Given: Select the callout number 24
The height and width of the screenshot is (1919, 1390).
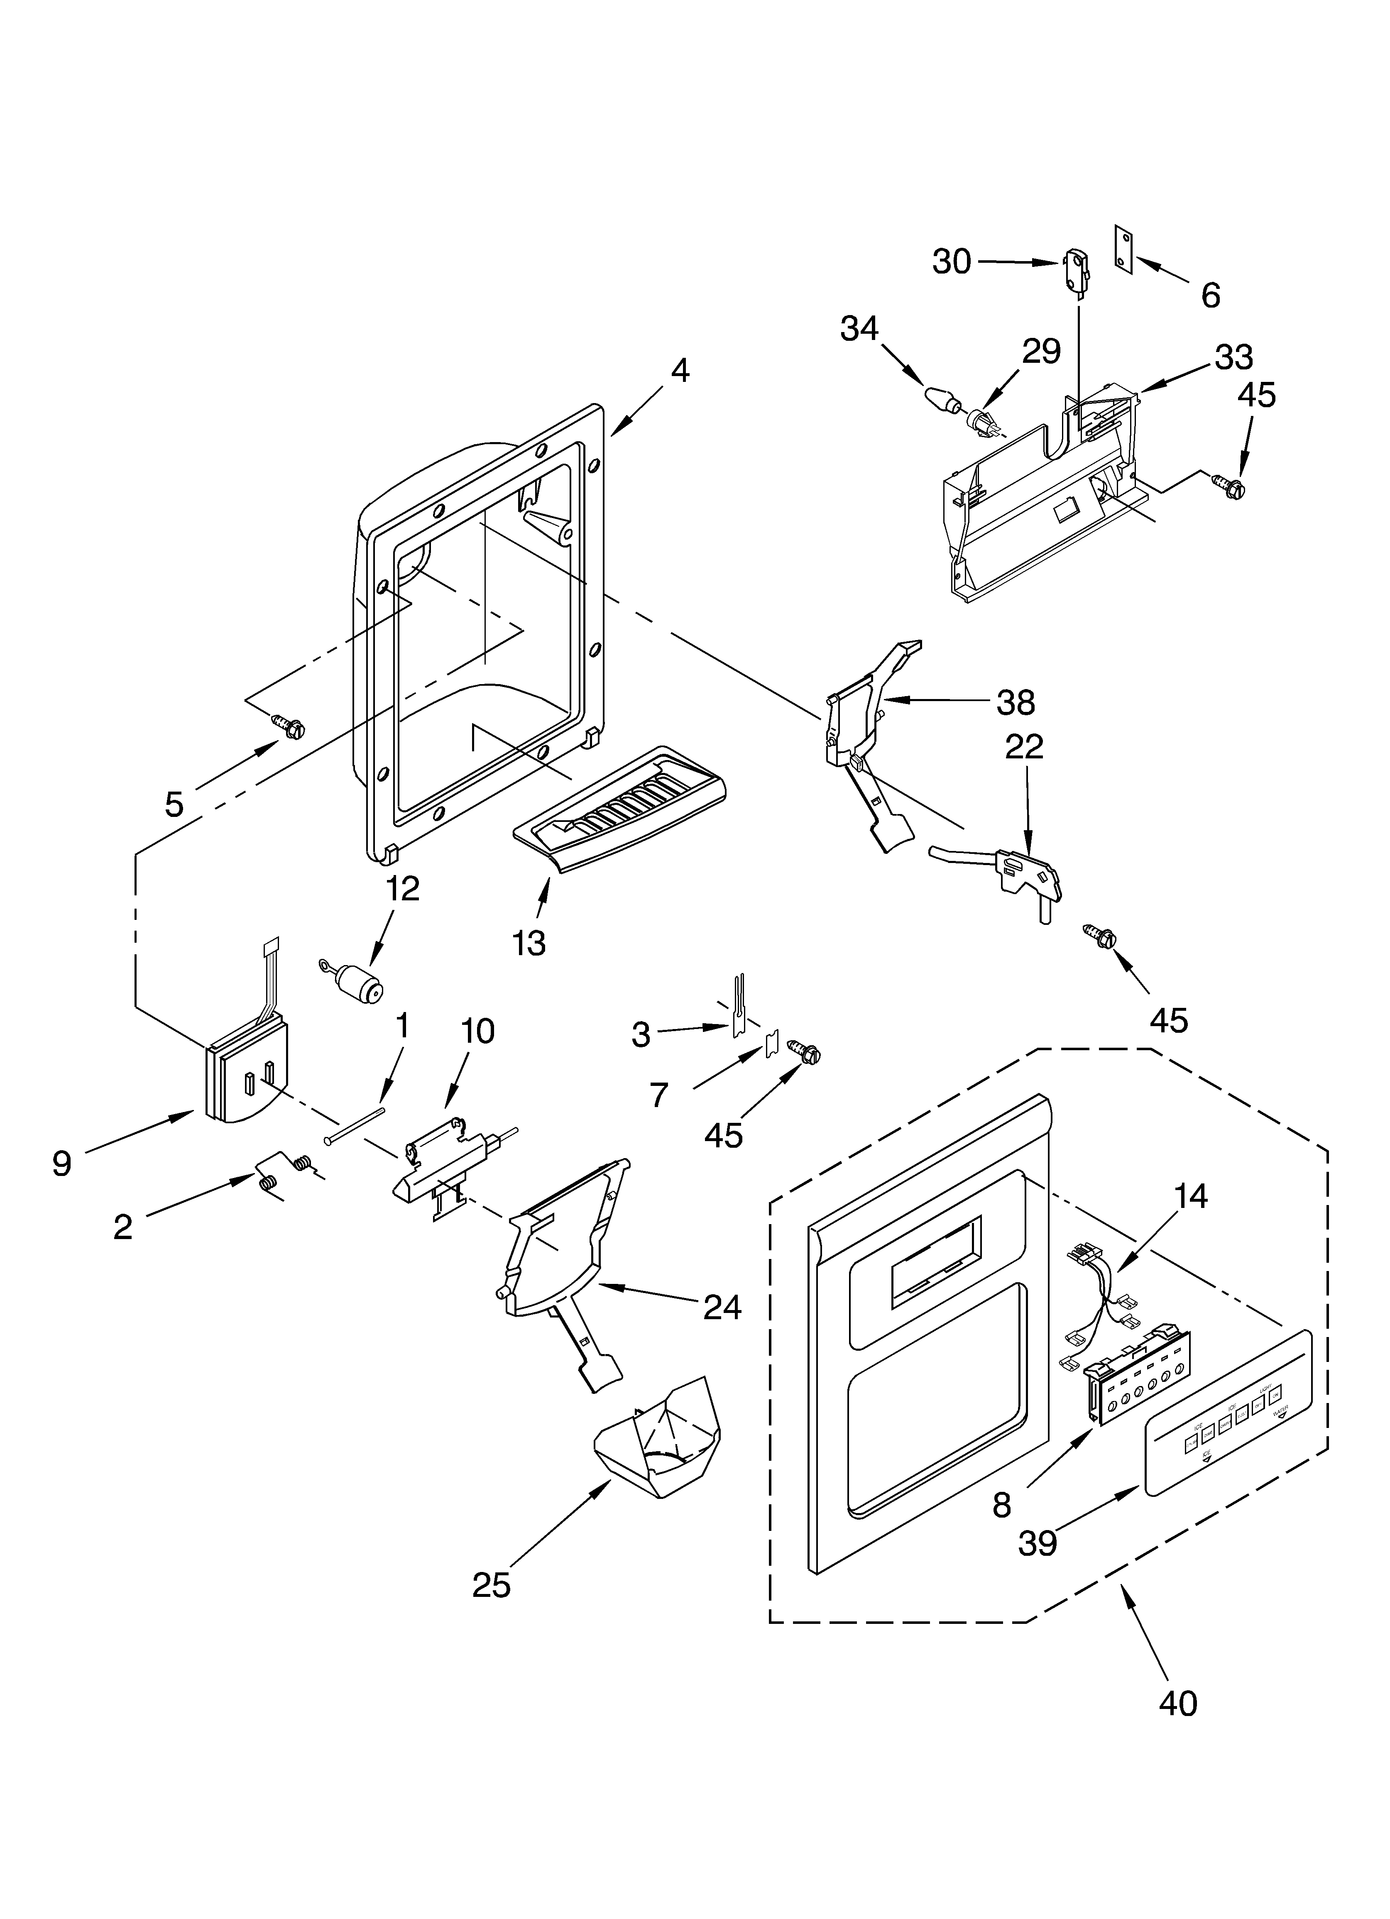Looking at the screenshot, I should click(x=722, y=1307).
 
